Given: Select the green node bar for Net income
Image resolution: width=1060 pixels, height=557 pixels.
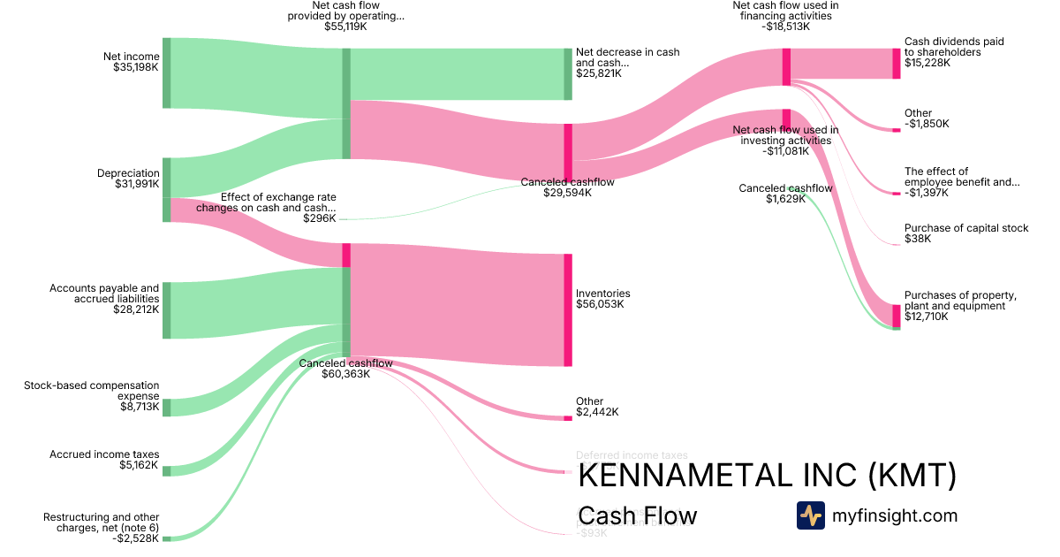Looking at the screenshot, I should pyautogui.click(x=166, y=73).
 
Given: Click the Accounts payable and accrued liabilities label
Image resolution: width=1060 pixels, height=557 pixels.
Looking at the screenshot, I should pyautogui.click(x=104, y=299).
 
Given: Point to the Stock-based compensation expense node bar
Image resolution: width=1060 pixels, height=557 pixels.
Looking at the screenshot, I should pyautogui.click(x=166, y=407).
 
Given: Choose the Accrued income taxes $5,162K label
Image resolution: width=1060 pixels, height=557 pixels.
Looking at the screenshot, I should pyautogui.click(x=104, y=459).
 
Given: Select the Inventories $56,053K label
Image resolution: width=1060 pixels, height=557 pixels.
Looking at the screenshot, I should pyautogui.click(x=602, y=299).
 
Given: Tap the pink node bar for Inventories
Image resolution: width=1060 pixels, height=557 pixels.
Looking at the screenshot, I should pyautogui.click(x=568, y=309).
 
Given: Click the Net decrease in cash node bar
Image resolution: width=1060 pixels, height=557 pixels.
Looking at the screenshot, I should pyautogui.click(x=568, y=73).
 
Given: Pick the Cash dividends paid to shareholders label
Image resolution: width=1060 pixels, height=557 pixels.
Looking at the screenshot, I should pyautogui.click(x=954, y=52).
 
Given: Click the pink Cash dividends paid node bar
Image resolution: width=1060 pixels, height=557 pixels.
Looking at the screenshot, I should pyautogui.click(x=896, y=64).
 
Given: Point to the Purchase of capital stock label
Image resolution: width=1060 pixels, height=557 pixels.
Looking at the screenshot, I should pyautogui.click(x=965, y=233).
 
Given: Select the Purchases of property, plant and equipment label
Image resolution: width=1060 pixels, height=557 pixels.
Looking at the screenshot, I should pyautogui.click(x=960, y=305).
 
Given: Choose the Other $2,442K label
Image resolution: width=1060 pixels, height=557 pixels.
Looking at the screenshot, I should pyautogui.click(x=596, y=407).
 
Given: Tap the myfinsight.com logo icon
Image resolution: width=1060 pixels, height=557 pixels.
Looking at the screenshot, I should pyautogui.click(x=810, y=515).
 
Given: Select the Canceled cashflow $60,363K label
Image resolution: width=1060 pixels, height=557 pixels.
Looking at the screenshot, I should pyautogui.click(x=345, y=368).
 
